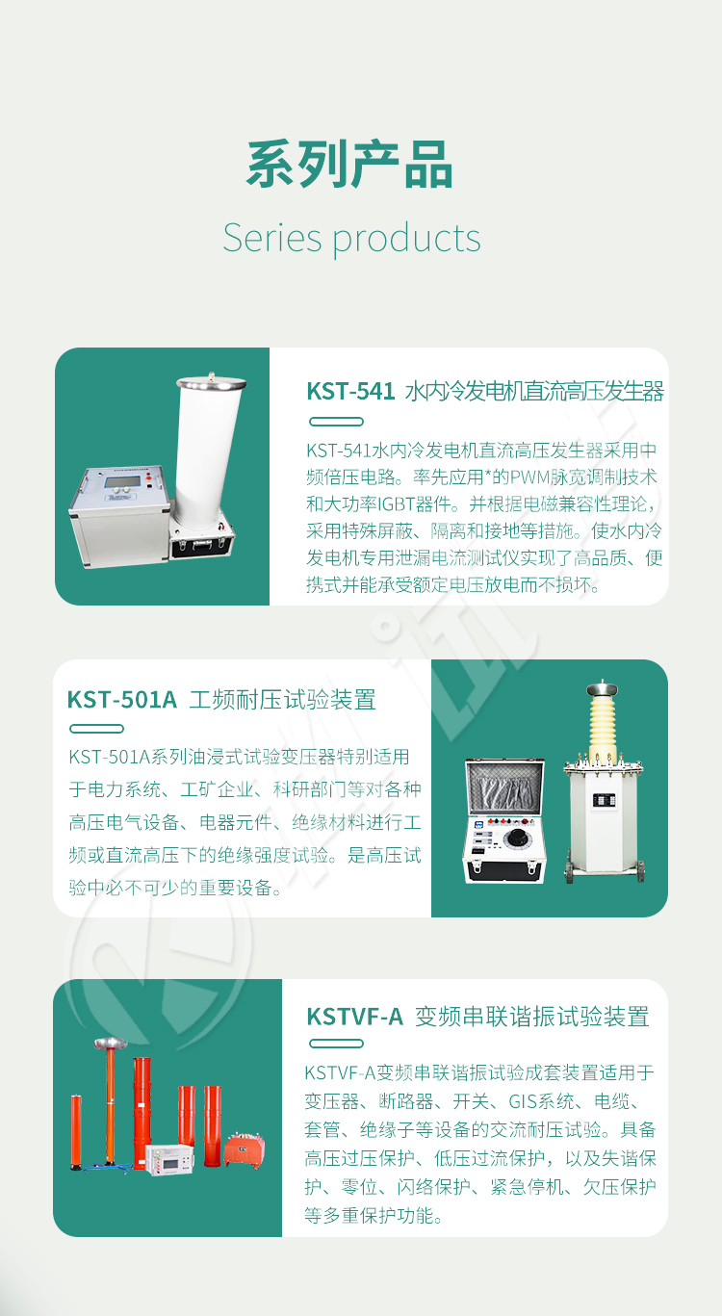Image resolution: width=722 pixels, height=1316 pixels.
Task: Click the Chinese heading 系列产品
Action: coord(349,165)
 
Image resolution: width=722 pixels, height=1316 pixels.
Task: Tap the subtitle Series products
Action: coord(351,239)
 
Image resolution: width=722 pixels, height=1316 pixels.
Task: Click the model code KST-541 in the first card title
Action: coord(350,391)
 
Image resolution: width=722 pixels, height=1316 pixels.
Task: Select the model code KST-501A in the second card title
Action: coord(122,700)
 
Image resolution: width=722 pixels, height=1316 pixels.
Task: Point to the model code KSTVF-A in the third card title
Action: coord(355,1017)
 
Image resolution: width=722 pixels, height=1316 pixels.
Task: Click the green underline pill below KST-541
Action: coord(336,422)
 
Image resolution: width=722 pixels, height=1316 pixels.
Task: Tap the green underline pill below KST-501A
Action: coord(96,729)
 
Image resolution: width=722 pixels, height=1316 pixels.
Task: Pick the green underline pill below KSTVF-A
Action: coord(336,1044)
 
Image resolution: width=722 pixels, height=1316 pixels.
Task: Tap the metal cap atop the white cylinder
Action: coord(212,382)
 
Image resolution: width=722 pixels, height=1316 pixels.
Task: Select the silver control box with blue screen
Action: coord(120,516)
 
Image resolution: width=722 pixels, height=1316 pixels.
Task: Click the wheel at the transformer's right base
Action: coord(641,872)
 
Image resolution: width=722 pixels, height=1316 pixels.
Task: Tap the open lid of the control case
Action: coord(505,787)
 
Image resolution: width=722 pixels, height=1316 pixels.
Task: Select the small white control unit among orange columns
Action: coord(170,1159)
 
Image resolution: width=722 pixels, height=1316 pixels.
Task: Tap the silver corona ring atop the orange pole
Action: coord(111,1043)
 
